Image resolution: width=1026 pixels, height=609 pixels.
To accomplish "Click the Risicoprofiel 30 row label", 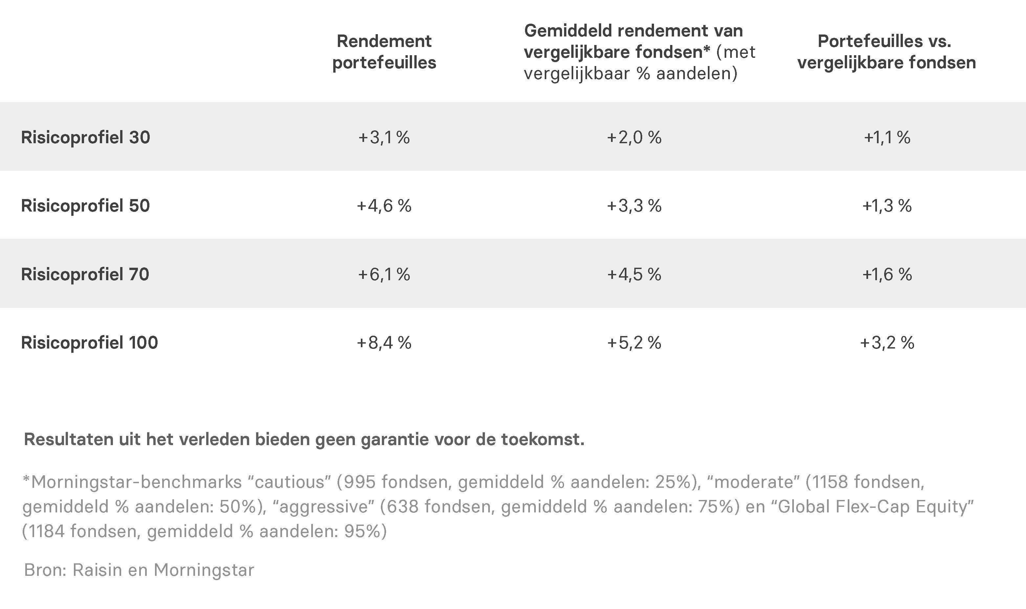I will pos(85,138).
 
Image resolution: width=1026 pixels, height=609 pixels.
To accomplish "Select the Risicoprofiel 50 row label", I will pos(85,206).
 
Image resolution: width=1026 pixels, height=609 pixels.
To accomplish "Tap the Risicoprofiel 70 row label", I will pos(85,274).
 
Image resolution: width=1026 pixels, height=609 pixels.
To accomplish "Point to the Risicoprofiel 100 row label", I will pos(89,343).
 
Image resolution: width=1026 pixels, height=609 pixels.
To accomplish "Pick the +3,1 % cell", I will pos(384,138).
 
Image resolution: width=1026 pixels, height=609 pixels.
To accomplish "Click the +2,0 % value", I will pos(634,138).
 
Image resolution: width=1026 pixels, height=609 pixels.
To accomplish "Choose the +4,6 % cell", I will pos(384,206).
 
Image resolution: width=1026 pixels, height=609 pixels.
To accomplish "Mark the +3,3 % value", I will pos(634,206).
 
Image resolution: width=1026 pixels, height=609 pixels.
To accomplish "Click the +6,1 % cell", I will pos(384,274).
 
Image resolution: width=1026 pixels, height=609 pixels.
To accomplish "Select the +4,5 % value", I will pos(634,274).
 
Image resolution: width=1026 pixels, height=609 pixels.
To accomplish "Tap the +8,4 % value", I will pos(384,343).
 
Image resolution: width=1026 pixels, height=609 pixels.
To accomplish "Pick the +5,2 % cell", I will pos(634,343).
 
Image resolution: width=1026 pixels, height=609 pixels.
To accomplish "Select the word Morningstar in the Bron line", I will pos(204,570).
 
